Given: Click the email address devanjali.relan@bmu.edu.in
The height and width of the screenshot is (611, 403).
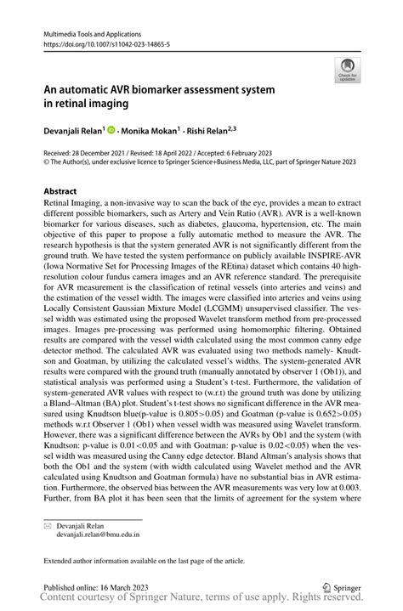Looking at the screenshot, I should [x=98, y=535].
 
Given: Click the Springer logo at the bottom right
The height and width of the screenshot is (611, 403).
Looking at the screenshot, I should [x=343, y=586].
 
